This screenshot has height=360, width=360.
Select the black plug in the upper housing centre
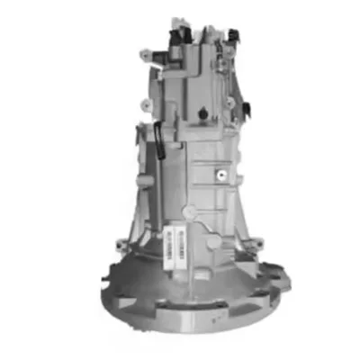(x=203, y=113)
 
